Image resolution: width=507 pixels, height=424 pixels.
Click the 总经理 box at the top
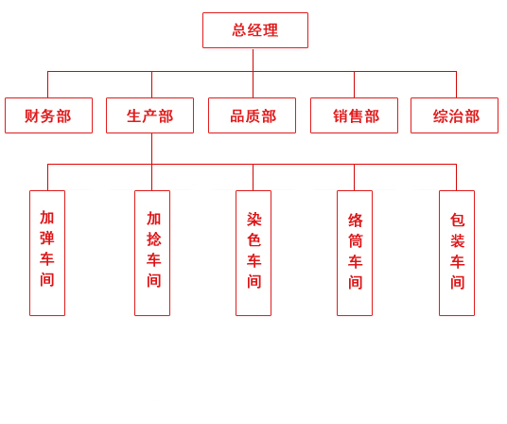[254, 30]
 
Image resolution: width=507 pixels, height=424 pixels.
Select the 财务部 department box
[48, 115]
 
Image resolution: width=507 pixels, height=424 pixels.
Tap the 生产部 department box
[149, 115]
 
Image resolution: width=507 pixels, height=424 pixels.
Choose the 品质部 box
[252, 115]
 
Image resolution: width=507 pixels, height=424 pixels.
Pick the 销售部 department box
[354, 115]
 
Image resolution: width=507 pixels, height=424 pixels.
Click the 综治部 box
[454, 115]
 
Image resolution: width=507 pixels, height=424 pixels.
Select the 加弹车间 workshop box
[47, 253]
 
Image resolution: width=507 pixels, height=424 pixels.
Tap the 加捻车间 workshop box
[152, 253]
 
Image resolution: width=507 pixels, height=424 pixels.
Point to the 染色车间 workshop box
[253, 253]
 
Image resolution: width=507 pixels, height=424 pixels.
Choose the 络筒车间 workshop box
[355, 253]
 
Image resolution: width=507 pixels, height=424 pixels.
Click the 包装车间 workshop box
[457, 253]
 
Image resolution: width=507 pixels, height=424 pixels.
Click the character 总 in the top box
[239, 30]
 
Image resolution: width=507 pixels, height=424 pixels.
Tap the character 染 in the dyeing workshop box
[253, 220]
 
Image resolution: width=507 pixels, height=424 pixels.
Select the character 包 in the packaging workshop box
[457, 221]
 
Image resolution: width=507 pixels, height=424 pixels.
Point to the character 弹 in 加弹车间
[47, 238]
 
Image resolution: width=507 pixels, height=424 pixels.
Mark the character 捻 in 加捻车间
[153, 239]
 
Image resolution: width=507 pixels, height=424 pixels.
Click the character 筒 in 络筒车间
[355, 241]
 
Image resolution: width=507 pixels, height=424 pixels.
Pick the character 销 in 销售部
[341, 116]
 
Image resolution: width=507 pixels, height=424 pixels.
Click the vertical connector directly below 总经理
[253, 60]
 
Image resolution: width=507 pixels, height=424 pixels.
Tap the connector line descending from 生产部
[151, 149]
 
